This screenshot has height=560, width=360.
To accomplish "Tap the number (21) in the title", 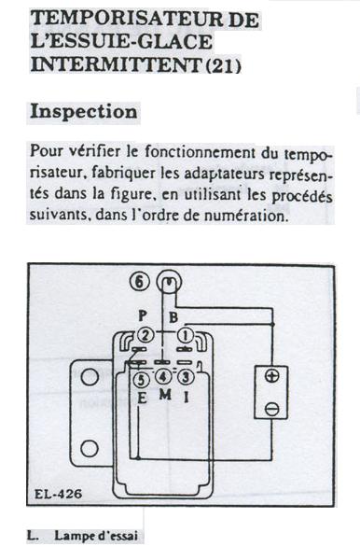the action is (224, 65).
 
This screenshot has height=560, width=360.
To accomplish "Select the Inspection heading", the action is (84, 111).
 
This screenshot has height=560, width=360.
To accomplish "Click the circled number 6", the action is (139, 282).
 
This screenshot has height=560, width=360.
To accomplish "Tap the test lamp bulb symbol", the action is (169, 282).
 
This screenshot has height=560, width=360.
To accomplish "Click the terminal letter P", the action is (143, 316).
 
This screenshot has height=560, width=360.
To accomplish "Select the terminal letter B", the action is (173, 317).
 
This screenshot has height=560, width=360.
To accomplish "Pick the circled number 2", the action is (145, 335).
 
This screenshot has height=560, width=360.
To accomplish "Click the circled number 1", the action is (186, 335).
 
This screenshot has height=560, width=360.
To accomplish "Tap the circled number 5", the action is (141, 380).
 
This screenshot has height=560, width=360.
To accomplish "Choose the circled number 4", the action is (162, 377).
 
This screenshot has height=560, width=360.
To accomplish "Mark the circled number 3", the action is (186, 377).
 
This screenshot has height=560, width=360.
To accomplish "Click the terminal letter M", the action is (165, 395).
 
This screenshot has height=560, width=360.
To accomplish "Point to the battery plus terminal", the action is (272, 376).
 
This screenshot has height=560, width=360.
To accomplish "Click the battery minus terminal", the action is (272, 410).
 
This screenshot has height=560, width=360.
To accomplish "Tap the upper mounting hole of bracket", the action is (90, 376).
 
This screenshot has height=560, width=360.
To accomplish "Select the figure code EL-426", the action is (59, 494).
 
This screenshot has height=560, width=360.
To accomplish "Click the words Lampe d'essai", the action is (96, 536).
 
